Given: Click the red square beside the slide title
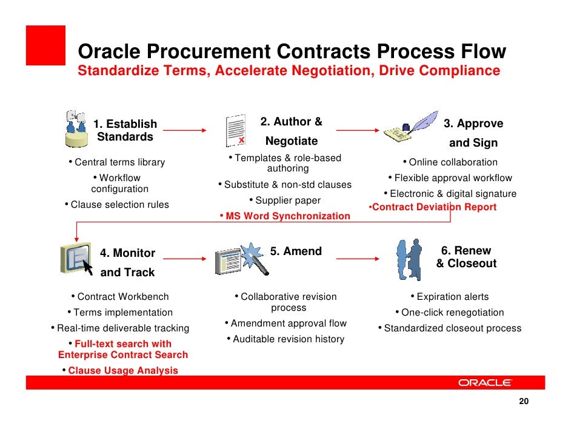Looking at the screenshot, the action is click(x=45, y=45).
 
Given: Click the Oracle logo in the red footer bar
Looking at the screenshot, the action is click(x=485, y=382).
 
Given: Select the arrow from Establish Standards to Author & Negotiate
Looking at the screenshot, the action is click(x=185, y=130).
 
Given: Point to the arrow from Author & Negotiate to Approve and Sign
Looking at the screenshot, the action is click(x=357, y=130).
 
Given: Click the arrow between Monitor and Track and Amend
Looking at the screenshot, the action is click(x=185, y=259).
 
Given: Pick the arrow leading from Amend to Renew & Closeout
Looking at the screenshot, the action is click(x=357, y=259).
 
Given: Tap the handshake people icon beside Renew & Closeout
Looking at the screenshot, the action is click(x=410, y=259).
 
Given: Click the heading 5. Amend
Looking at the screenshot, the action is click(x=296, y=251).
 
